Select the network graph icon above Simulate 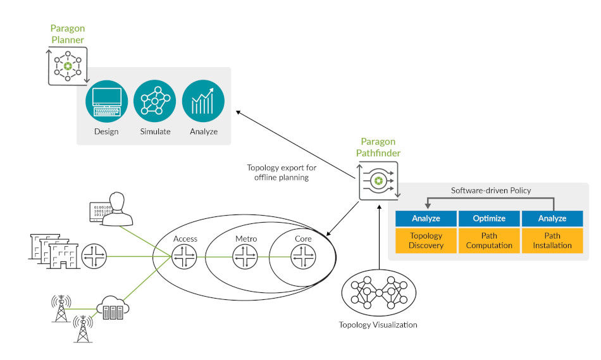coord(156,101)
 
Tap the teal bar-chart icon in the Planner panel coord(204,101)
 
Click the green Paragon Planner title coord(68,34)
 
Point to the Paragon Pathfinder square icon coord(378,181)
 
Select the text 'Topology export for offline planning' coord(282,173)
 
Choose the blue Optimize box coord(489,218)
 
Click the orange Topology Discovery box coord(426,241)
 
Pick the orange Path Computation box coord(489,241)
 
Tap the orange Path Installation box coord(552,241)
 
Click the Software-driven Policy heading coord(490,190)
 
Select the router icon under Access coord(185,256)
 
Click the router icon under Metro coord(245,256)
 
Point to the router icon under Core coord(302,256)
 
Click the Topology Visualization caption coord(378,325)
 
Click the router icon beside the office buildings coord(94,256)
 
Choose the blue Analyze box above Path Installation coord(552,218)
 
